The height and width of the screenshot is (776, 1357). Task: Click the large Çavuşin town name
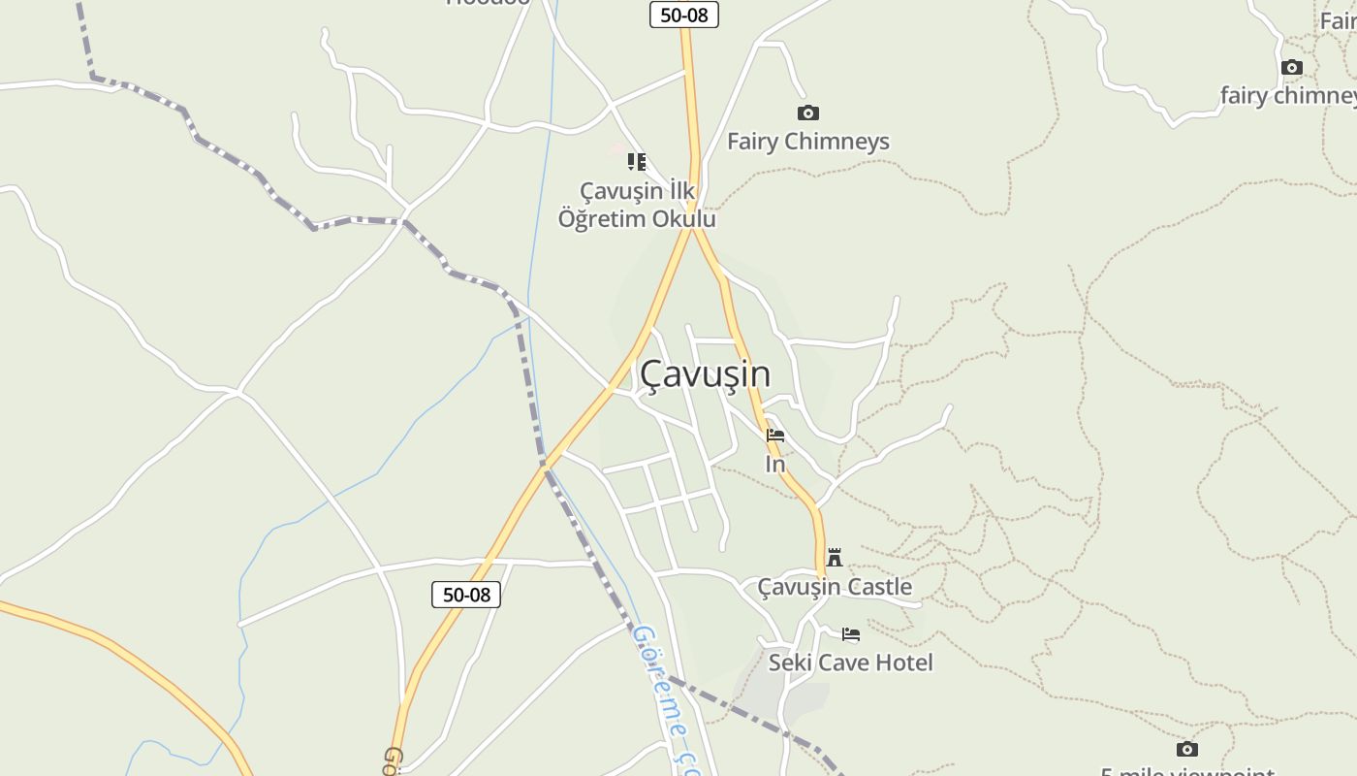pyautogui.click(x=705, y=374)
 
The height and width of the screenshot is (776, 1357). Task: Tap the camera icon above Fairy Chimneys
pyautogui.click(x=807, y=113)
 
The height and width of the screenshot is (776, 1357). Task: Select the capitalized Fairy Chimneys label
pyautogui.click(x=807, y=142)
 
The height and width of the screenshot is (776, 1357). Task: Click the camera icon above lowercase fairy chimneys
pyautogui.click(x=1291, y=68)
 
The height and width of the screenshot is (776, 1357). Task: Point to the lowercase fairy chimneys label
pyautogui.click(x=1287, y=96)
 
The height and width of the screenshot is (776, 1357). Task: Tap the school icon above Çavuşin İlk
pyautogui.click(x=636, y=162)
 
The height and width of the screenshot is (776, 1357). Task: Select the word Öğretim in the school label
pyautogui.click(x=602, y=219)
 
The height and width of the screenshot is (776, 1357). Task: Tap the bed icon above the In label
pyautogui.click(x=775, y=436)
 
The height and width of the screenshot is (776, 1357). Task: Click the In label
pyautogui.click(x=775, y=465)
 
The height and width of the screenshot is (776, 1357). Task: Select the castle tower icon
pyautogui.click(x=835, y=557)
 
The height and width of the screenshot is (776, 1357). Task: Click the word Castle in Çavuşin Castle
pyautogui.click(x=879, y=587)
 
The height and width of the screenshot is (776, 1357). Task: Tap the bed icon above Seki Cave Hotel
pyautogui.click(x=851, y=634)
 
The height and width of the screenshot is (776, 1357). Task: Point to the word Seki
pyautogui.click(x=790, y=663)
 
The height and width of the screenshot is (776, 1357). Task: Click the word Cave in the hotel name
pyautogui.click(x=842, y=663)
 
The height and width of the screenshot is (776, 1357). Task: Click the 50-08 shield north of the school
pyautogui.click(x=683, y=15)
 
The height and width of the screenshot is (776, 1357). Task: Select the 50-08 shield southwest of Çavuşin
pyautogui.click(x=466, y=595)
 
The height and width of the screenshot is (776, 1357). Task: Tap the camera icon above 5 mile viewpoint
pyautogui.click(x=1187, y=750)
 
